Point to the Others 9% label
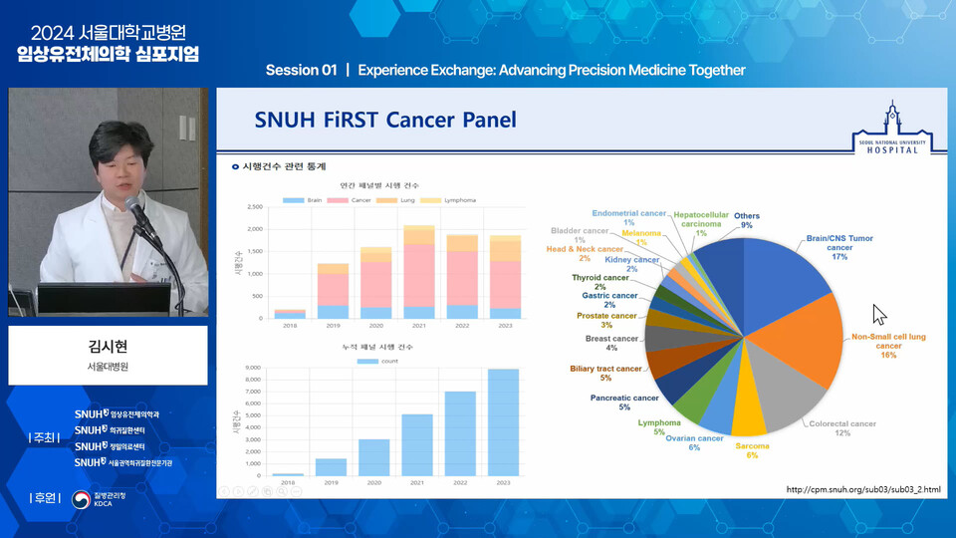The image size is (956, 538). point(747,220)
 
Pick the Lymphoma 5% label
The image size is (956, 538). point(659,426)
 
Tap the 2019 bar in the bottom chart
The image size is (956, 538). point(331,467)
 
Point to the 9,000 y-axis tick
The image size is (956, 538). point(252,369)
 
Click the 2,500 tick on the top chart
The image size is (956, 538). point(253,207)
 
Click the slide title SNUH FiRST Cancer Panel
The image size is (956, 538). point(385,121)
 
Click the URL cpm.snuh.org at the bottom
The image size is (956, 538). point(862,489)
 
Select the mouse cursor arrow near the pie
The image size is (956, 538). point(878,314)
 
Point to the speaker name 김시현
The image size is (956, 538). point(109,348)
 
